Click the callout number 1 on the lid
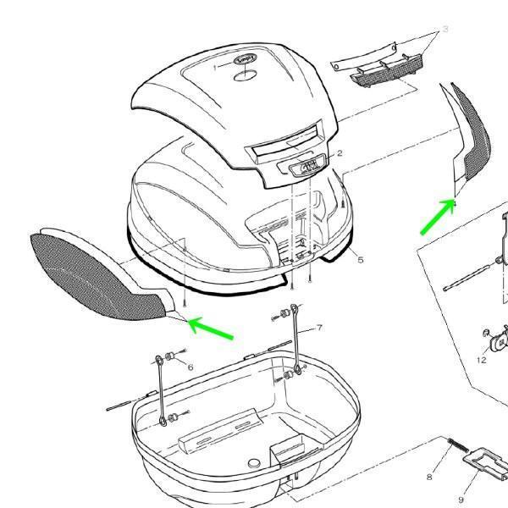tap(215, 66)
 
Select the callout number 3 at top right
tap(444, 30)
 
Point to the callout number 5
tap(360, 260)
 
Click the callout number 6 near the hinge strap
tap(190, 367)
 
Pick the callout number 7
tap(319, 328)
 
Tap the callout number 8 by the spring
tap(429, 478)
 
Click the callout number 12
tap(481, 360)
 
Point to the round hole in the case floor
tap(253, 467)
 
